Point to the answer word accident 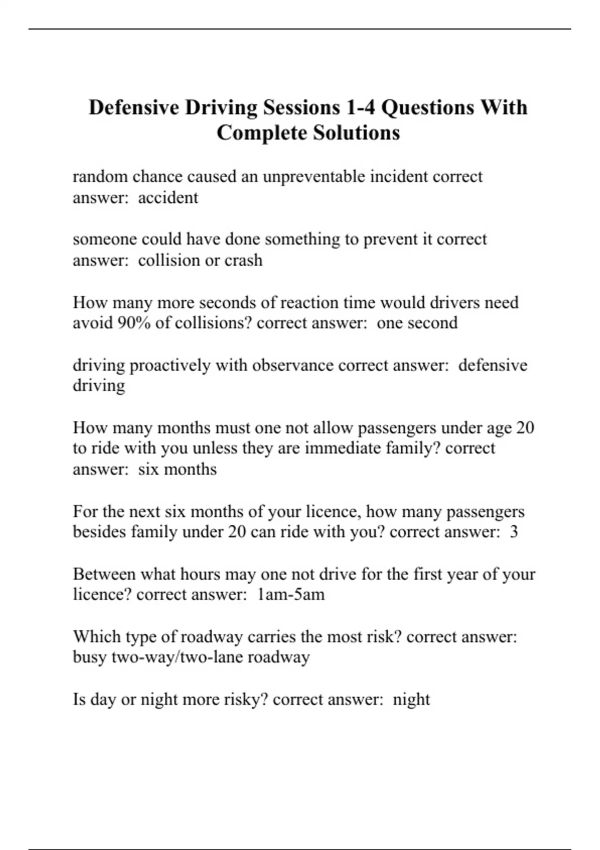pos(168,197)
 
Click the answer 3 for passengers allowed pos(513,532)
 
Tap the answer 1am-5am pos(290,594)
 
